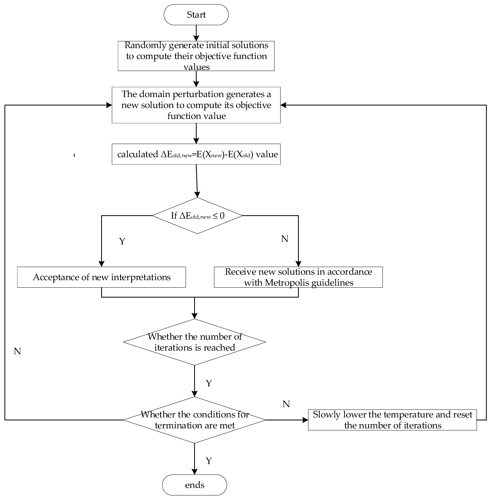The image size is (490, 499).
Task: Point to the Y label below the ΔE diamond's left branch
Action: point(122,241)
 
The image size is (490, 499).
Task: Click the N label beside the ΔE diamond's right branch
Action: point(284,239)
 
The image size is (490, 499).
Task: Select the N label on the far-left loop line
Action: point(17,351)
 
